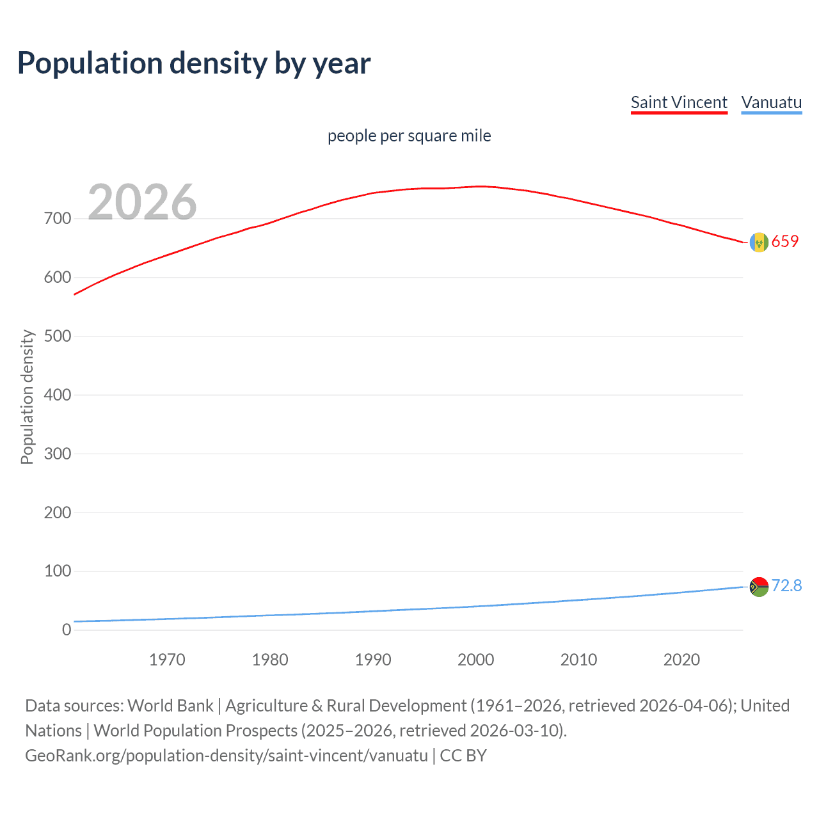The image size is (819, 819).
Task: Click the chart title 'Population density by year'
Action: pos(194,63)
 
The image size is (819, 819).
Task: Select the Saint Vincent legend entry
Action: pos(679,102)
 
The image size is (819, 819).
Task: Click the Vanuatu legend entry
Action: pos(771,102)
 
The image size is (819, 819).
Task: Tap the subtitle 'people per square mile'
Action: pos(409,136)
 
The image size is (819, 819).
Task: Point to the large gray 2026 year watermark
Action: pos(142,202)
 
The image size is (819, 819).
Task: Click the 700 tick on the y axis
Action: pos(58,219)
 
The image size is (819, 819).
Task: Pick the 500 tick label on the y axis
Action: pos(58,337)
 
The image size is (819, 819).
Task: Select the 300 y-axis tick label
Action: pos(58,454)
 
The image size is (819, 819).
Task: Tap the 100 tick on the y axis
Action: pos(58,571)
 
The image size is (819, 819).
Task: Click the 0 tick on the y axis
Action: pos(67,630)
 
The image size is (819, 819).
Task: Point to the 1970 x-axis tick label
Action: pos(167,660)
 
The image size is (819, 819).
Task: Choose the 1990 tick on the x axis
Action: pos(373,660)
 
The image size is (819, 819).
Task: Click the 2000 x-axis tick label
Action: pos(475,660)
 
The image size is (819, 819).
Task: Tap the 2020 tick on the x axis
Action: pos(681,660)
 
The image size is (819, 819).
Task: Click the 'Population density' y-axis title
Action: pos(27,397)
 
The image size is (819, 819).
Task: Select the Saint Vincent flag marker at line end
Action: pos(759,243)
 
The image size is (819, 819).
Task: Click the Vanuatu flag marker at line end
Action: pos(759,587)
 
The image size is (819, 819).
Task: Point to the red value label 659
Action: pos(785,241)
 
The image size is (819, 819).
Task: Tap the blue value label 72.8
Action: pos(786,585)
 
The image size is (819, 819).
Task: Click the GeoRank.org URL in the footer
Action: pos(227,756)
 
